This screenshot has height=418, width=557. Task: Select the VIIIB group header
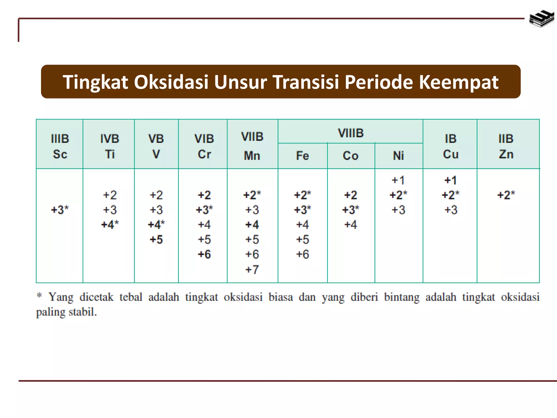[x=351, y=133]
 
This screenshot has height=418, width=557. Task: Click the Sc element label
[x=60, y=154]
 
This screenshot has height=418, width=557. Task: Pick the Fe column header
[x=302, y=156]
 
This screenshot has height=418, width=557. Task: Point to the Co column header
[x=351, y=156]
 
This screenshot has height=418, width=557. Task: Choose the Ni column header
[x=398, y=156]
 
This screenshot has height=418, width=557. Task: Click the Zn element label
[x=506, y=154]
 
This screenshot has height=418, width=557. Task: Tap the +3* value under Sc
[x=60, y=210]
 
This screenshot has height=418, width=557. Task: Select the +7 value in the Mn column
[x=252, y=269]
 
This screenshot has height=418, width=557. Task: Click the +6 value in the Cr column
[x=204, y=254]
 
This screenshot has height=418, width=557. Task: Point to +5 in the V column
[x=156, y=239]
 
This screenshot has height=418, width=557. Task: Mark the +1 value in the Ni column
[x=398, y=180]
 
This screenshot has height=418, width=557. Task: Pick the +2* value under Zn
[x=506, y=195]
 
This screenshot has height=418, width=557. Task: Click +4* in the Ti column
[x=110, y=225]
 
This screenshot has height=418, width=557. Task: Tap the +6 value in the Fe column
[x=302, y=254]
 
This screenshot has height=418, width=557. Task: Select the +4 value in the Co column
[x=351, y=225]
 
